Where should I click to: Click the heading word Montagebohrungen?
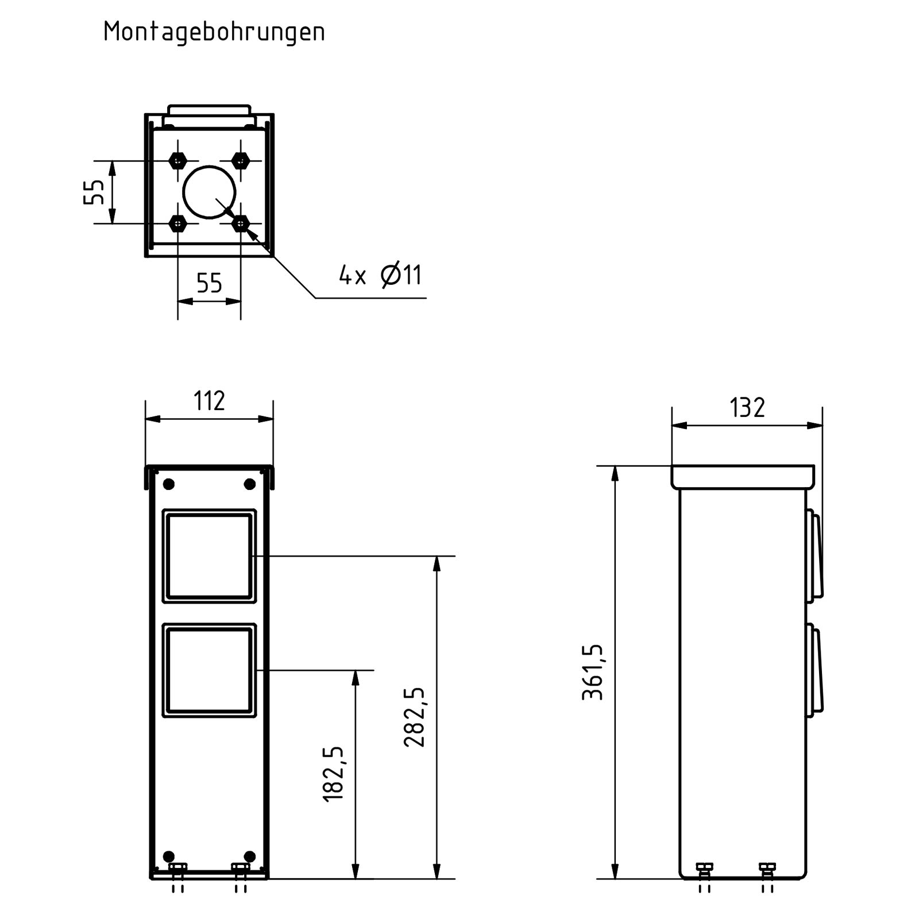(214, 32)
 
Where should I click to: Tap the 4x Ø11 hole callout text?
(380, 275)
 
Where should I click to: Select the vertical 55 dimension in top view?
(95, 192)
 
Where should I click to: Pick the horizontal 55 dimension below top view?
(209, 283)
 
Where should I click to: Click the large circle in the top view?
(209, 192)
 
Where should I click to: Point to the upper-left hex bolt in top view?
(178, 160)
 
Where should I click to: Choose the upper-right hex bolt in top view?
(241, 160)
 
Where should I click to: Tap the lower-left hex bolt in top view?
(178, 223)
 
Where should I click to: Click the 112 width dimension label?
(209, 401)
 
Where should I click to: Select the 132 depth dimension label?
(747, 408)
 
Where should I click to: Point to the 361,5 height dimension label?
(593, 672)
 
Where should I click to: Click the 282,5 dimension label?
(415, 717)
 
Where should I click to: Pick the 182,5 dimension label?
(334, 774)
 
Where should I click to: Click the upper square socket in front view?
(209, 555)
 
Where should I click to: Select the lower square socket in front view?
(209, 670)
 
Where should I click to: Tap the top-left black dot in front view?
(169, 484)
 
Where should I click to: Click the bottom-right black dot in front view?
(249, 856)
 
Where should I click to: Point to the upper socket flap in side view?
(815, 555)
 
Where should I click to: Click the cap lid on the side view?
(743, 477)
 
